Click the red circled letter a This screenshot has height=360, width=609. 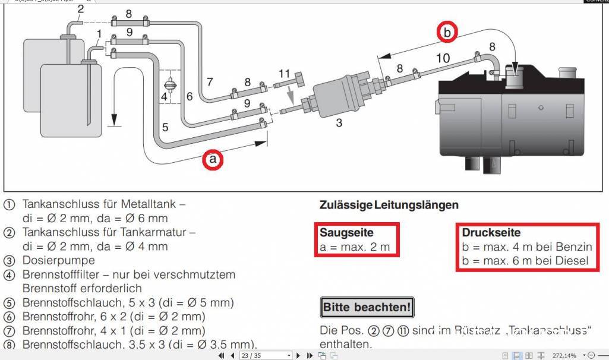tap(213, 159)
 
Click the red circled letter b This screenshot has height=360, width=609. tap(447, 32)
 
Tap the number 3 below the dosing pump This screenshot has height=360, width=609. tap(339, 124)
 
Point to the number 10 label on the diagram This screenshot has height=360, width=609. tap(443, 58)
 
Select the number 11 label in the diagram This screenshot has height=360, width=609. tap(283, 74)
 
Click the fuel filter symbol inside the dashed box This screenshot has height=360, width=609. tap(171, 86)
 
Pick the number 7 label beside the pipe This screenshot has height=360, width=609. tap(209, 81)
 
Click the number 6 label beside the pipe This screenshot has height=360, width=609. tap(189, 96)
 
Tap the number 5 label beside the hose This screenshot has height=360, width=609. tap(165, 127)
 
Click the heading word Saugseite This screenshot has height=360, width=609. tap(346, 232)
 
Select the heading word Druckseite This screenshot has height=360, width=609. tap(491, 232)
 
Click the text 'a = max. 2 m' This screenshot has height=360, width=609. tap(354, 247)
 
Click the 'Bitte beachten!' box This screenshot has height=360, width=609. tap(367, 308)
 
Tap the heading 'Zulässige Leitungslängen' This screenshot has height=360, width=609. tap(389, 206)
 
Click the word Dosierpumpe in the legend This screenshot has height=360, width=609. tap(58, 260)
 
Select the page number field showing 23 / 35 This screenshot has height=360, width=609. tap(264, 355)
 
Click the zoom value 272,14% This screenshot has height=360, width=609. tap(564, 355)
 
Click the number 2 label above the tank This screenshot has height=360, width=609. tap(81, 8)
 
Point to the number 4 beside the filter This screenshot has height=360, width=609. tap(164, 96)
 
